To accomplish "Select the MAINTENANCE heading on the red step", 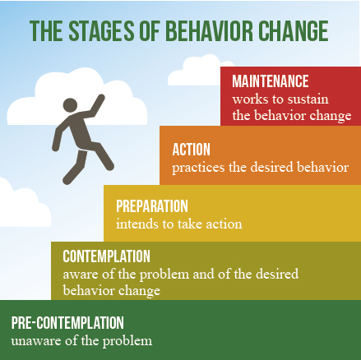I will point(270,81).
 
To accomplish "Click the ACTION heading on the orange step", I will point(191,150).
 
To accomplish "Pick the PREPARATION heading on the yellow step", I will point(152,206).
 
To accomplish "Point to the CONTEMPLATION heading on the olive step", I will point(106,256).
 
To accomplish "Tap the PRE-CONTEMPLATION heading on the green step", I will point(67,323).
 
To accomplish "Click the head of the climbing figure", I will point(67,110).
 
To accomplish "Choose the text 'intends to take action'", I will point(178,224).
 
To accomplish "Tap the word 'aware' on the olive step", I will point(79,273).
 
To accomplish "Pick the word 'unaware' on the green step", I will point(32,340).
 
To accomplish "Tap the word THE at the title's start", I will point(44,30).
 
